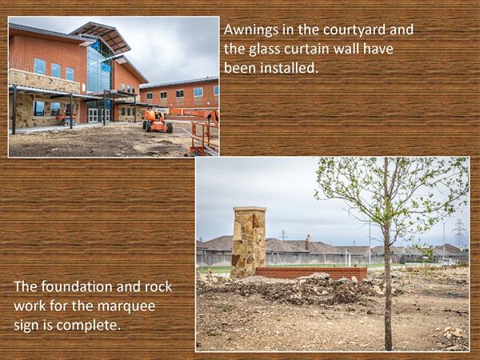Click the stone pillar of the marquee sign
[x=249, y=242]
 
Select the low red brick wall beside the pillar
[x=311, y=272]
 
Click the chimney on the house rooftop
[x=308, y=242]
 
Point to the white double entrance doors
[x=98, y=115]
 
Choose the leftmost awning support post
[x=14, y=110]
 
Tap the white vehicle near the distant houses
[x=447, y=262]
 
